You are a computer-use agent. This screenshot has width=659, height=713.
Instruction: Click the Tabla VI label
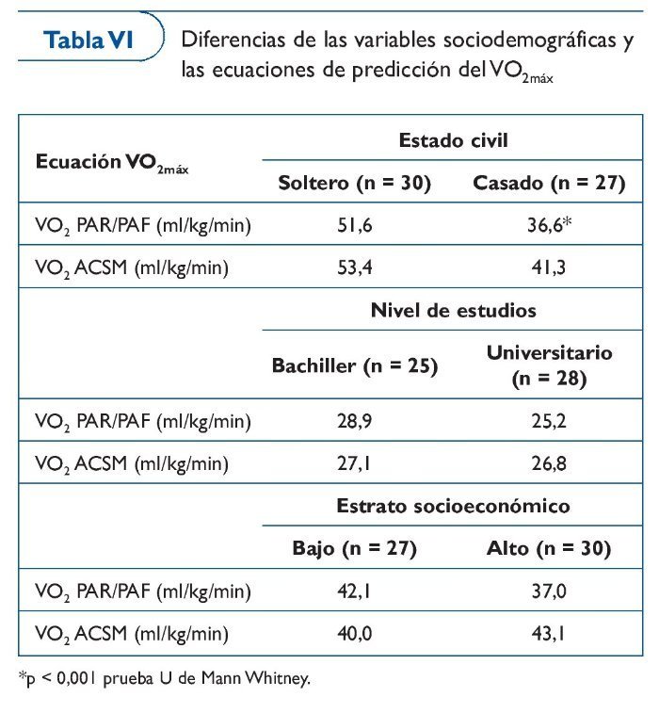(89, 41)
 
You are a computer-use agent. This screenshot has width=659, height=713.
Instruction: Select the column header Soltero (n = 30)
(355, 183)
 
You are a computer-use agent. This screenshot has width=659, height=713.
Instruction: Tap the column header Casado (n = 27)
(549, 183)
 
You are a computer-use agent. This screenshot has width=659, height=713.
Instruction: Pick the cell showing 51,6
(354, 226)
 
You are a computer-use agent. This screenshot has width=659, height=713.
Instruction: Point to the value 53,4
(354, 267)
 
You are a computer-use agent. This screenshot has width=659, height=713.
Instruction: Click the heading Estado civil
(453, 140)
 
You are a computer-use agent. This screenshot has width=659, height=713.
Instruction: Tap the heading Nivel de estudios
(453, 311)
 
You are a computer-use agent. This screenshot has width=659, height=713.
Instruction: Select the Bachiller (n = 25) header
(355, 365)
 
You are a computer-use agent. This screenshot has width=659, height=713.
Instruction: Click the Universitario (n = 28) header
(549, 365)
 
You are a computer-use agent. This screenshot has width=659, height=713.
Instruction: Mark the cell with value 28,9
(354, 421)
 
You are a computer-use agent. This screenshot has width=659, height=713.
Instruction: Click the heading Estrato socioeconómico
(453, 506)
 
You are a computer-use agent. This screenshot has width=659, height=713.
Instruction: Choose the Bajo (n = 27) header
(355, 548)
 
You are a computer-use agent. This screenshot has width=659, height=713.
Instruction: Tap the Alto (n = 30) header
(549, 548)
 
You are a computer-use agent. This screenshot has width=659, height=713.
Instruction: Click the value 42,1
(354, 591)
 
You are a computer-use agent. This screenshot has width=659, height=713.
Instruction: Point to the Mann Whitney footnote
(164, 677)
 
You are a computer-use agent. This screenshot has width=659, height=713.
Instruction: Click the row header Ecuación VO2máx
(112, 162)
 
